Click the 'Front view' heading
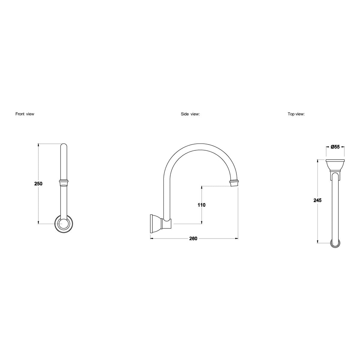click(25, 114)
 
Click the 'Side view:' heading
click(190, 114)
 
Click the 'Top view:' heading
click(296, 114)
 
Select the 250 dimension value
click(38, 184)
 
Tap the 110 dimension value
click(201, 205)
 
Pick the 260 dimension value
click(193, 238)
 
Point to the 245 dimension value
click(318, 200)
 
